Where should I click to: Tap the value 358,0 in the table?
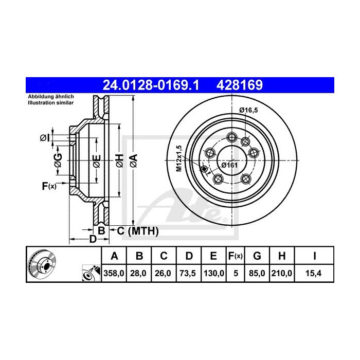click(x=115, y=274)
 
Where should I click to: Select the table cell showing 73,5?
click(x=189, y=274)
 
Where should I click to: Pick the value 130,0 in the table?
click(x=214, y=274)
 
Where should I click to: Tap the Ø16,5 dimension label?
click(x=248, y=110)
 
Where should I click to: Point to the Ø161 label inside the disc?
click(x=228, y=165)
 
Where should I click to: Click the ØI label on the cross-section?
click(x=45, y=138)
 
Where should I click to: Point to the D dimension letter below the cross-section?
click(x=93, y=239)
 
